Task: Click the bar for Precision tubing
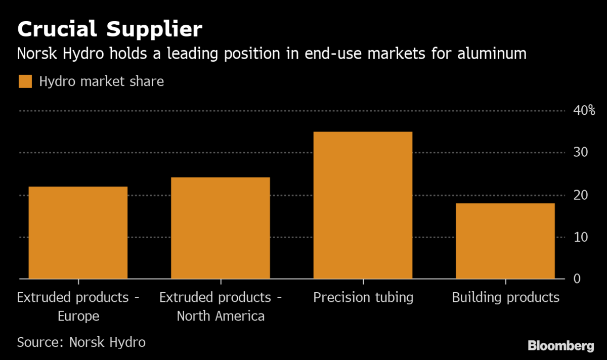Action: (363, 205)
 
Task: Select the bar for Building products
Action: (505, 241)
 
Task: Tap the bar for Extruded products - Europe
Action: (78, 233)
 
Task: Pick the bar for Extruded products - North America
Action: (221, 228)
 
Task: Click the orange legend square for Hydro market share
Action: (25, 81)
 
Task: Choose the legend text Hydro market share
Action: (101, 81)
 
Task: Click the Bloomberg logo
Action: (561, 346)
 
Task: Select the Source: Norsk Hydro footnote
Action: (81, 342)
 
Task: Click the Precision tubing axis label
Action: (363, 297)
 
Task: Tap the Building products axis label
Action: (506, 297)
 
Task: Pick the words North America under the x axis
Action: (221, 317)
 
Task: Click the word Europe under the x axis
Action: (78, 317)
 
